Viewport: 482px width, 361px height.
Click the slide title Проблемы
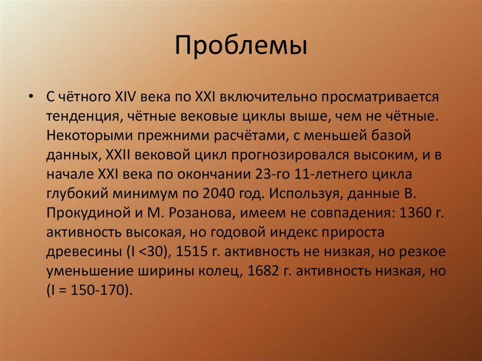coord(241,47)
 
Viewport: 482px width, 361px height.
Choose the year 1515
coord(192,251)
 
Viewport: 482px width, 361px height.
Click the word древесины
coord(83,251)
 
